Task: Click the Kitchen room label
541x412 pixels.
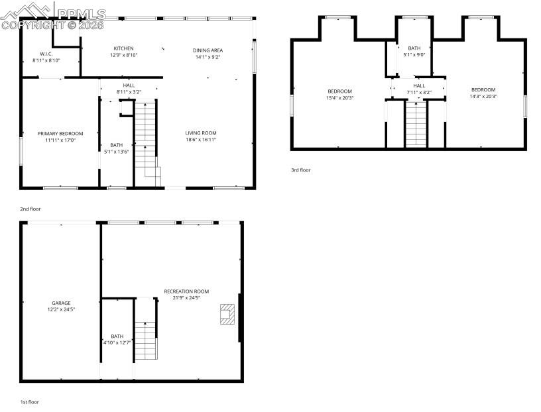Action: coord(123,52)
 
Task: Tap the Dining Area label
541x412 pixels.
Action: coord(208,54)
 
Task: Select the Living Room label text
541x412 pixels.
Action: coord(201,136)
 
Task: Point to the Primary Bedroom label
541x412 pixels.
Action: coord(60,136)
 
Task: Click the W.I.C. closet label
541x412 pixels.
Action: coord(46,57)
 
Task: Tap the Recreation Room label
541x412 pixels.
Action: coord(187,295)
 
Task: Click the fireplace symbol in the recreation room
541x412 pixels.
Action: coord(227,314)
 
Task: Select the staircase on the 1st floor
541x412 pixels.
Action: coord(146,339)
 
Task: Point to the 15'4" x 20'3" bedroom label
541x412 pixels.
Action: coord(339,94)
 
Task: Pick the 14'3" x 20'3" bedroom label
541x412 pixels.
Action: coord(483,93)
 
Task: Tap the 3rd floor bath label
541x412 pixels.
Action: coord(414,51)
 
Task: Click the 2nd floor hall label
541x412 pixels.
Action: coord(129,89)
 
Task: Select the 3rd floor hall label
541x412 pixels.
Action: coord(419,89)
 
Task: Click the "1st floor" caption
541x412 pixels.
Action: coord(30,402)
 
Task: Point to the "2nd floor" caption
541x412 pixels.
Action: coord(30,209)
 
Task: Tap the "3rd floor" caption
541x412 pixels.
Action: coord(300,170)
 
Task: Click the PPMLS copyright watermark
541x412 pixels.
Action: coord(53,19)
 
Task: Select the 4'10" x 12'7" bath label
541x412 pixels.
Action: coord(117,339)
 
